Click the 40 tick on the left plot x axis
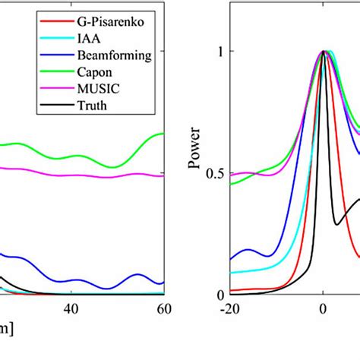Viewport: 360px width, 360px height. pos(71,310)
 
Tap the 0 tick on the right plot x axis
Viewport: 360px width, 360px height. pos(324,310)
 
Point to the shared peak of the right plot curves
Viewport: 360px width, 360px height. pos(324,52)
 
